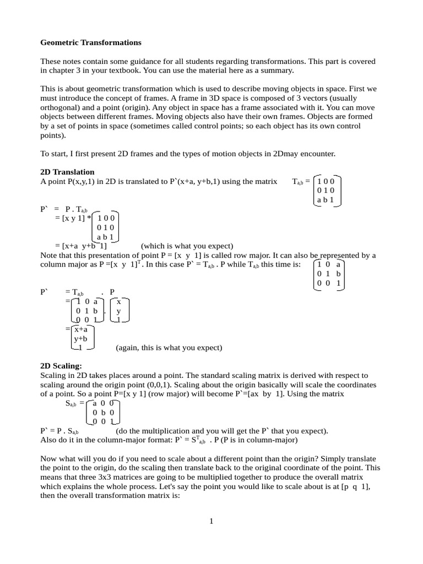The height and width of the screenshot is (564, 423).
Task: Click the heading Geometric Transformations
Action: [x=91, y=42]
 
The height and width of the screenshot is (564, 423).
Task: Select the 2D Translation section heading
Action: [x=67, y=172]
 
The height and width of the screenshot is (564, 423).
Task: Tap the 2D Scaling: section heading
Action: [x=61, y=365]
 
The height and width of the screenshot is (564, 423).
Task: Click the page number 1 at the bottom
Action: [x=211, y=522]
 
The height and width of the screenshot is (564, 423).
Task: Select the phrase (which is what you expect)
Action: [x=187, y=246]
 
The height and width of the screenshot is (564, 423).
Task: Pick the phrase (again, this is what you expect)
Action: [x=169, y=348]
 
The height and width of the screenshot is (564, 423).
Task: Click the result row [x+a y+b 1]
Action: [x=80, y=246]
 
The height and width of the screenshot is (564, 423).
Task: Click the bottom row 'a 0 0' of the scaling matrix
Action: [x=103, y=403]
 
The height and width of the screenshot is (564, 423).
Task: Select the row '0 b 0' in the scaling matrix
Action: [x=103, y=412]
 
